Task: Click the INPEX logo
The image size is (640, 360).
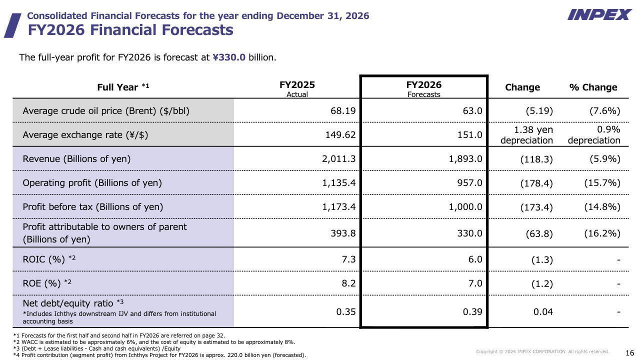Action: (x=599, y=14)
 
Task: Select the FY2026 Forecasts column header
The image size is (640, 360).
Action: (x=423, y=88)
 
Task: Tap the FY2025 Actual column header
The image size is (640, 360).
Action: (x=297, y=88)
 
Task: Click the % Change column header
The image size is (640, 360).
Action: (x=593, y=87)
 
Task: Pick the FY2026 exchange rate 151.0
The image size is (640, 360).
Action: (x=472, y=134)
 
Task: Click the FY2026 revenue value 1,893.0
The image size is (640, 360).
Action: (x=466, y=159)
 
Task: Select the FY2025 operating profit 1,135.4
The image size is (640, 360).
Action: (x=339, y=183)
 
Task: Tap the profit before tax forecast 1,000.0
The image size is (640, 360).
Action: (x=466, y=207)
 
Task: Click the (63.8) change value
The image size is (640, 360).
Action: (x=536, y=233)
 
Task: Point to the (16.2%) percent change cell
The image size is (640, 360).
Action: (x=602, y=233)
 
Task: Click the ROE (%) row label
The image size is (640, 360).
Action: (x=47, y=283)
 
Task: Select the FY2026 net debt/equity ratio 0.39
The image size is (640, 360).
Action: (x=472, y=312)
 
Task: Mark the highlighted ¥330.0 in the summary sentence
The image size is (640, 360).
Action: (x=229, y=57)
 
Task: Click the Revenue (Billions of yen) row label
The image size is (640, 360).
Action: (x=76, y=159)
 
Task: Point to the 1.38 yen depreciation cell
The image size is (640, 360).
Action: (x=526, y=135)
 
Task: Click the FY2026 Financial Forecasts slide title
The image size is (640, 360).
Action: (x=130, y=30)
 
